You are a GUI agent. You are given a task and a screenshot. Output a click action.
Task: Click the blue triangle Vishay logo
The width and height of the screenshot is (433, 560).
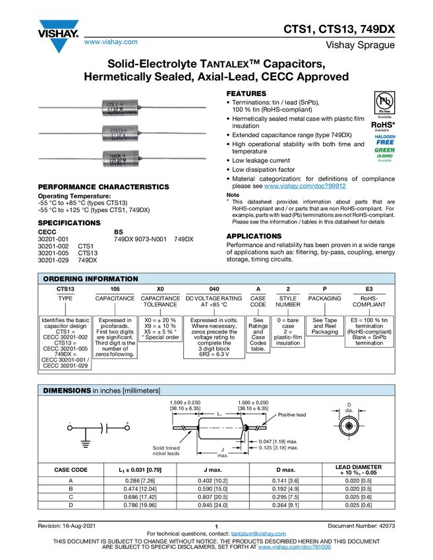(x=59, y=45)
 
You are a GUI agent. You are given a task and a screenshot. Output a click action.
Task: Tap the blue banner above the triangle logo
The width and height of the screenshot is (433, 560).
(x=59, y=24)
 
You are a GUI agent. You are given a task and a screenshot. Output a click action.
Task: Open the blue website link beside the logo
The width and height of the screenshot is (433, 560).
(x=111, y=42)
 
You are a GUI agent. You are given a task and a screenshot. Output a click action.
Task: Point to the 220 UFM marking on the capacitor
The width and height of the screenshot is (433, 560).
(x=118, y=159)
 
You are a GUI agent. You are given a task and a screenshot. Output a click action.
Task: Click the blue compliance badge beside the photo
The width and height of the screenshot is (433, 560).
(x=385, y=138)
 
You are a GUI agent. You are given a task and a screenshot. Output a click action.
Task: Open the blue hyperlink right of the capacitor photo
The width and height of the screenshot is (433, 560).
(x=305, y=186)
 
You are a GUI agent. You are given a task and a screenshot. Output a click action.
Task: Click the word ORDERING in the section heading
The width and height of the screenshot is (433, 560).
(x=63, y=279)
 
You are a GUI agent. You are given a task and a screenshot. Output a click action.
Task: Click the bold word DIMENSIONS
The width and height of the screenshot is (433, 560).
(x=67, y=391)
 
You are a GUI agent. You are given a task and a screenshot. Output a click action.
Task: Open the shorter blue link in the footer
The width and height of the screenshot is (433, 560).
(x=259, y=534)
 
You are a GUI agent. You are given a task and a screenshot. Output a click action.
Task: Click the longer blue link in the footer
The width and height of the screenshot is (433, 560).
(x=294, y=547)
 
